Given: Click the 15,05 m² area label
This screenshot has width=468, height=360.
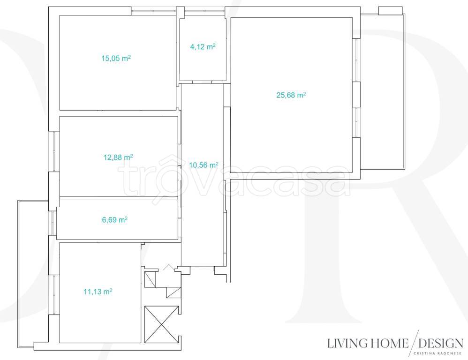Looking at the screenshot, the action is click(116, 58).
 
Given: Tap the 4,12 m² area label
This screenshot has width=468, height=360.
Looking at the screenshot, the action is click(203, 46).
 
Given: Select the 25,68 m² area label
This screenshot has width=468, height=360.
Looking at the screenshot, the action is click(291, 95).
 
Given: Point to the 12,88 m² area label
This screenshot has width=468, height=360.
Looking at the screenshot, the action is click(118, 157).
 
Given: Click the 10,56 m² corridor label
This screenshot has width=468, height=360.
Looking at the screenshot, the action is click(204, 165).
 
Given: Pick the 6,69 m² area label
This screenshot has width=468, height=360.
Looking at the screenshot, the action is click(115, 220).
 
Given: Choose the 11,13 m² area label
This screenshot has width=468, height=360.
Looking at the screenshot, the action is click(98, 292).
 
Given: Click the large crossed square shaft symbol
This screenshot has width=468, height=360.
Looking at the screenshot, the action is click(161, 324).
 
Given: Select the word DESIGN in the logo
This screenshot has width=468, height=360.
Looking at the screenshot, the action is click(441, 343).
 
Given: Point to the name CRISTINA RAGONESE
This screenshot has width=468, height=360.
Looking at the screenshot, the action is click(438, 354).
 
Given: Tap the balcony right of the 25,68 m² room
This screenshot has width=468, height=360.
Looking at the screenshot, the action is click(383, 91).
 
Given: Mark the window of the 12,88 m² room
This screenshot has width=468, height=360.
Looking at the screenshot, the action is click(54, 151).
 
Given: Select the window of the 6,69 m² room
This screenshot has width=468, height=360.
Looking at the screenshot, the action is click(53, 223).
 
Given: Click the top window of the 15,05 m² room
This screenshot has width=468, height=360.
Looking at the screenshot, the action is click(154, 11).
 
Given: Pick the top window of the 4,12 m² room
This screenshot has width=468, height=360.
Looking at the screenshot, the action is click(204, 11).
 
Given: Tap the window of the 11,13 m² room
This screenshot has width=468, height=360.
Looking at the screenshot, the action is click(54, 295).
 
